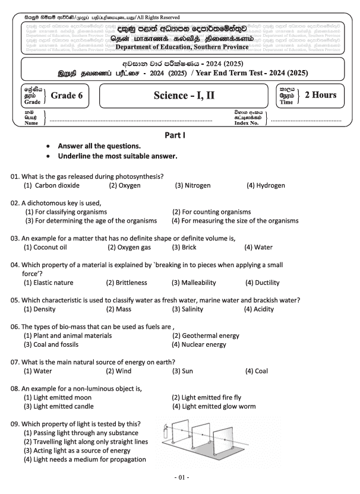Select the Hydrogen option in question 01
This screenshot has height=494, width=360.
266,185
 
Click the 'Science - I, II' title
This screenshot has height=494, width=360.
184,95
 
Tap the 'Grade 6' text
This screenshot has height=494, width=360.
67,94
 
